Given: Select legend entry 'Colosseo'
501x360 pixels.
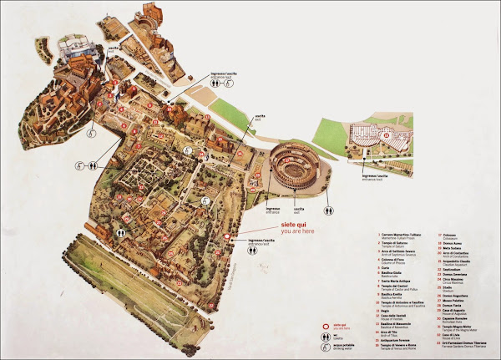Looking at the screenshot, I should [447, 236].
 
